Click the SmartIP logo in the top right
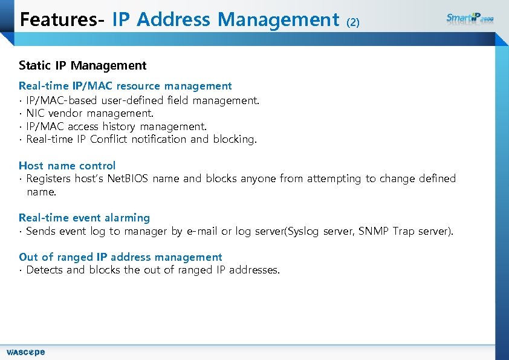coord(470,18)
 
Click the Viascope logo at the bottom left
coord(25,352)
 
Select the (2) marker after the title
coord(353,22)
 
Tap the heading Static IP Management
coord(82,65)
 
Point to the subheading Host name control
coord(67,165)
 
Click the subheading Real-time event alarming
coord(84,217)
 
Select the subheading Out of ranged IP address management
coord(120,257)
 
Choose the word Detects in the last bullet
coord(45,270)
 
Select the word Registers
coord(49,178)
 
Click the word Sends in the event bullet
coord(41,231)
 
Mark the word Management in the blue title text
coord(278,19)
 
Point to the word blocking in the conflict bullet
coord(235,139)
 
